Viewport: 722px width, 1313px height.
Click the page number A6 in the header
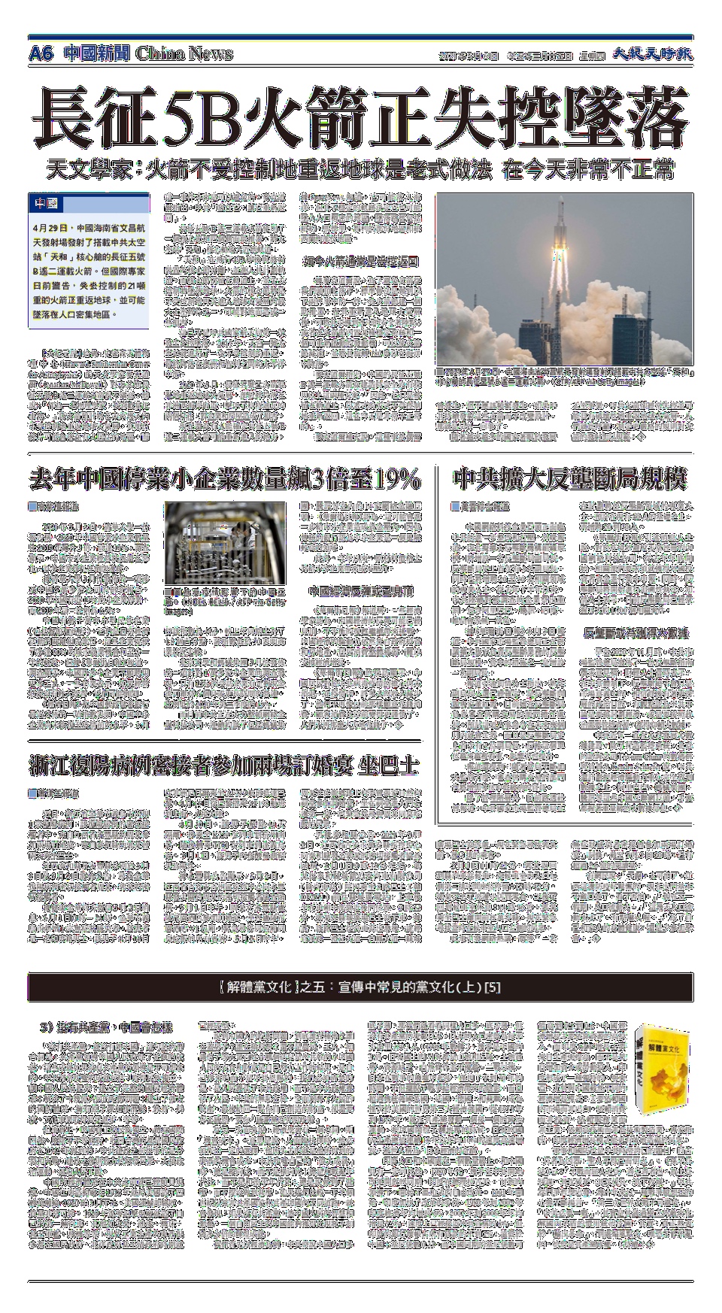coord(41,53)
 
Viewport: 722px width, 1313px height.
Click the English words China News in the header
coord(185,53)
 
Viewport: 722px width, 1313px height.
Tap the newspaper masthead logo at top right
coord(651,54)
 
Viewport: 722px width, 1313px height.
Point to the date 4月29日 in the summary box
coord(51,226)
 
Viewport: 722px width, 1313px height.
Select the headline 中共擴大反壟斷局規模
coord(570,479)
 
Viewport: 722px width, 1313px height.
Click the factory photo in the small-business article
coord(226,543)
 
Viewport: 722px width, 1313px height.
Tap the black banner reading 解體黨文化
coord(360,987)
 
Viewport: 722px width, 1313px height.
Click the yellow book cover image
coord(660,1069)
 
